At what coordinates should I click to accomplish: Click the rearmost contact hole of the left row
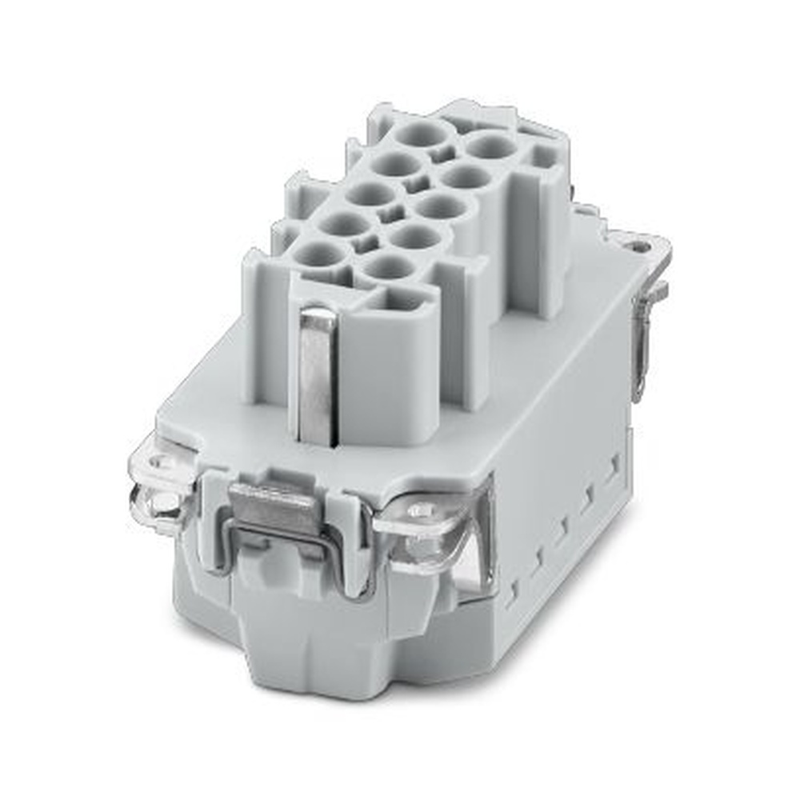[423, 134]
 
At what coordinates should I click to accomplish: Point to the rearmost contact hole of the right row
[490, 146]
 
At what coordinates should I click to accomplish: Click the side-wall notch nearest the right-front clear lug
[512, 588]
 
